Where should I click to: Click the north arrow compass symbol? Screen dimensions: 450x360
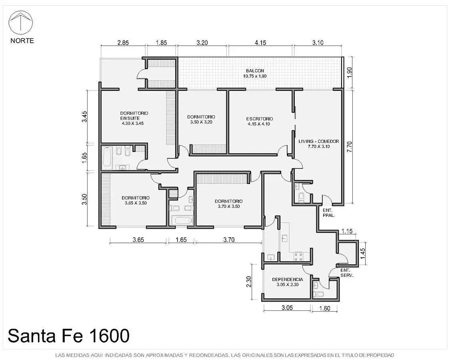pyautogui.click(x=21, y=22)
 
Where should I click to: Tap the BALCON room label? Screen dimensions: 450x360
pyautogui.click(x=255, y=71)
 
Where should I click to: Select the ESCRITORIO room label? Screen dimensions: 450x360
pyautogui.click(x=260, y=119)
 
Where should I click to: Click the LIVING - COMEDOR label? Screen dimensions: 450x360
pyautogui.click(x=318, y=142)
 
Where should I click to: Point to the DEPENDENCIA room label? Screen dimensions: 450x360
pyautogui.click(x=287, y=279)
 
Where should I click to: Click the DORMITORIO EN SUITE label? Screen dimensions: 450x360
pyautogui.click(x=134, y=116)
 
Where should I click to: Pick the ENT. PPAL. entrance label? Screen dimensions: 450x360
pyautogui.click(x=329, y=213)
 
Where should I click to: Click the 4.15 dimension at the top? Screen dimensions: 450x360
pyautogui.click(x=260, y=43)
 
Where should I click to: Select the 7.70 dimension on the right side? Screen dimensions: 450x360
pyautogui.click(x=349, y=147)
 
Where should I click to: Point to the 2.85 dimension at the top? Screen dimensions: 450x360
pyautogui.click(x=123, y=43)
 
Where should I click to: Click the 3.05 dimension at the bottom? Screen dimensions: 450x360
pyautogui.click(x=287, y=308)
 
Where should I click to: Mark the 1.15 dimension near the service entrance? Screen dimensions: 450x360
pyautogui.click(x=347, y=231)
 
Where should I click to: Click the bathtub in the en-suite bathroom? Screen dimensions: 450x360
pyautogui.click(x=106, y=157)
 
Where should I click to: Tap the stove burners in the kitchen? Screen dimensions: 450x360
pyautogui.click(x=298, y=256)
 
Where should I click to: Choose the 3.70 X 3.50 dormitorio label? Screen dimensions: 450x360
pyautogui.click(x=229, y=206)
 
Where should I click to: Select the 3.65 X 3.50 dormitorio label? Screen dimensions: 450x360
pyautogui.click(x=136, y=203)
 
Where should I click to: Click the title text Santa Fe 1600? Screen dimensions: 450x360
pyautogui.click(x=68, y=336)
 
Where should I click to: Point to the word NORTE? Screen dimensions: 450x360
pyautogui.click(x=22, y=41)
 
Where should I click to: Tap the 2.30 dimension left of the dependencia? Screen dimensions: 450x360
pyautogui.click(x=249, y=282)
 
